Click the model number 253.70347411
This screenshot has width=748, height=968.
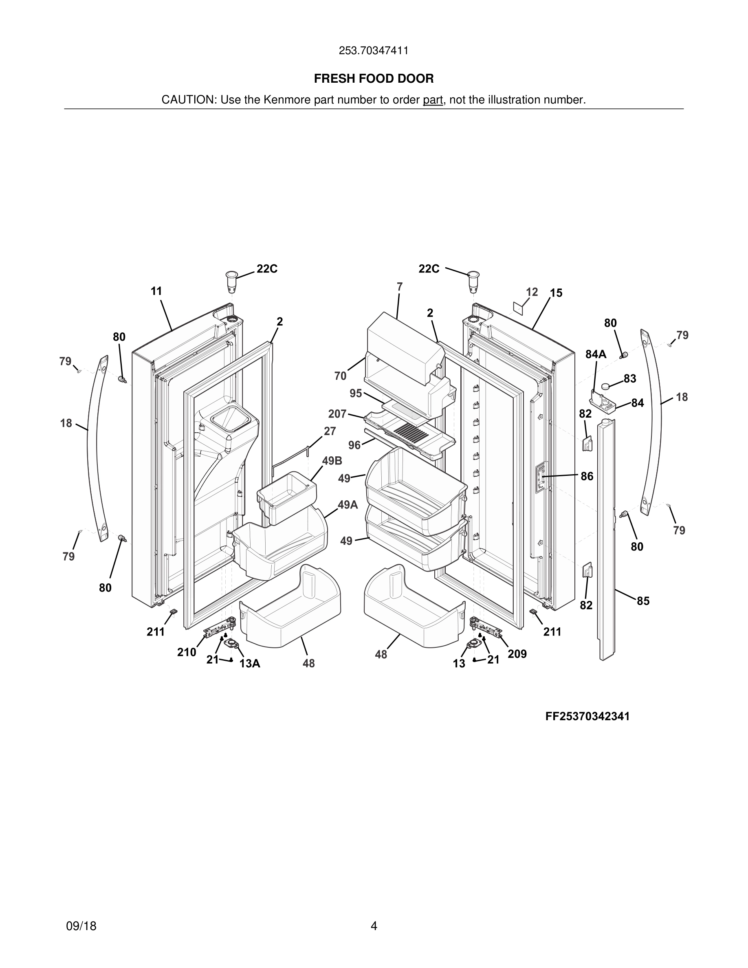pos(374,51)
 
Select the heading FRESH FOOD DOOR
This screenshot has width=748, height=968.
pos(374,79)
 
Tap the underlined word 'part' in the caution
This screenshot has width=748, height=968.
pos(433,100)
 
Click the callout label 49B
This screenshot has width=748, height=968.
pos(332,461)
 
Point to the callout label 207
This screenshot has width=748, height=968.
pos(337,414)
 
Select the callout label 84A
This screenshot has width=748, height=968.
pos(596,354)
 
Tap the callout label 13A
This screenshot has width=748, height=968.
pos(249,664)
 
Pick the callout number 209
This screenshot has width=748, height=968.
pos(517,654)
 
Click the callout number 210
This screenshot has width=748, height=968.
pos(187,652)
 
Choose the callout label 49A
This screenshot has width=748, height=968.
pos(348,505)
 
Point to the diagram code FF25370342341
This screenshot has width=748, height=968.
pos(587,717)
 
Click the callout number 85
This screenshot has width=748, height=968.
pos(643,601)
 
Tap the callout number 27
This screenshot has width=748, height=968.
pos(330,431)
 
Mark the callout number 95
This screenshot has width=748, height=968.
pos(355,393)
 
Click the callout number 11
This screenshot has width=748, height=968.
pos(156,291)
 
